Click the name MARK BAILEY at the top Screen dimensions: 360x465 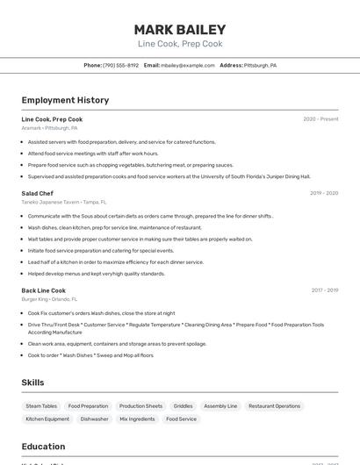tap(180, 29)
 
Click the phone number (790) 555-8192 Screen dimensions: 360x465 tap(120, 65)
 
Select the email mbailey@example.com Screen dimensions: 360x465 tap(188, 65)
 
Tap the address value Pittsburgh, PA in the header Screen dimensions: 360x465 tap(260, 65)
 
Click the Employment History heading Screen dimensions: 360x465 tap(65, 100)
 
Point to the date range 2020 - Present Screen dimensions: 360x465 tap(320, 119)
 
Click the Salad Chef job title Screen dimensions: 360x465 tap(38, 193)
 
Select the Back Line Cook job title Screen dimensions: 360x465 tap(44, 290)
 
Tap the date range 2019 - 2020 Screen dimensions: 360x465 tap(323, 193)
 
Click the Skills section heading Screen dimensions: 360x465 tap(33, 383)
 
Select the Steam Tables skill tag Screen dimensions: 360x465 tap(41, 406)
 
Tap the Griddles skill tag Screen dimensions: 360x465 tap(183, 406)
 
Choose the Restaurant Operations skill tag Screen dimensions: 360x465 tap(274, 406)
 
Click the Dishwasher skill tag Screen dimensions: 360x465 tap(94, 419)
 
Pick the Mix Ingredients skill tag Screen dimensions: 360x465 tap(136, 419)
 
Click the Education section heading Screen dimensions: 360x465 tap(43, 447)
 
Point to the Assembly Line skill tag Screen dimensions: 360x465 tap(220, 406)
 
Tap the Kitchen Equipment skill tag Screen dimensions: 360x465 tap(47, 419)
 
